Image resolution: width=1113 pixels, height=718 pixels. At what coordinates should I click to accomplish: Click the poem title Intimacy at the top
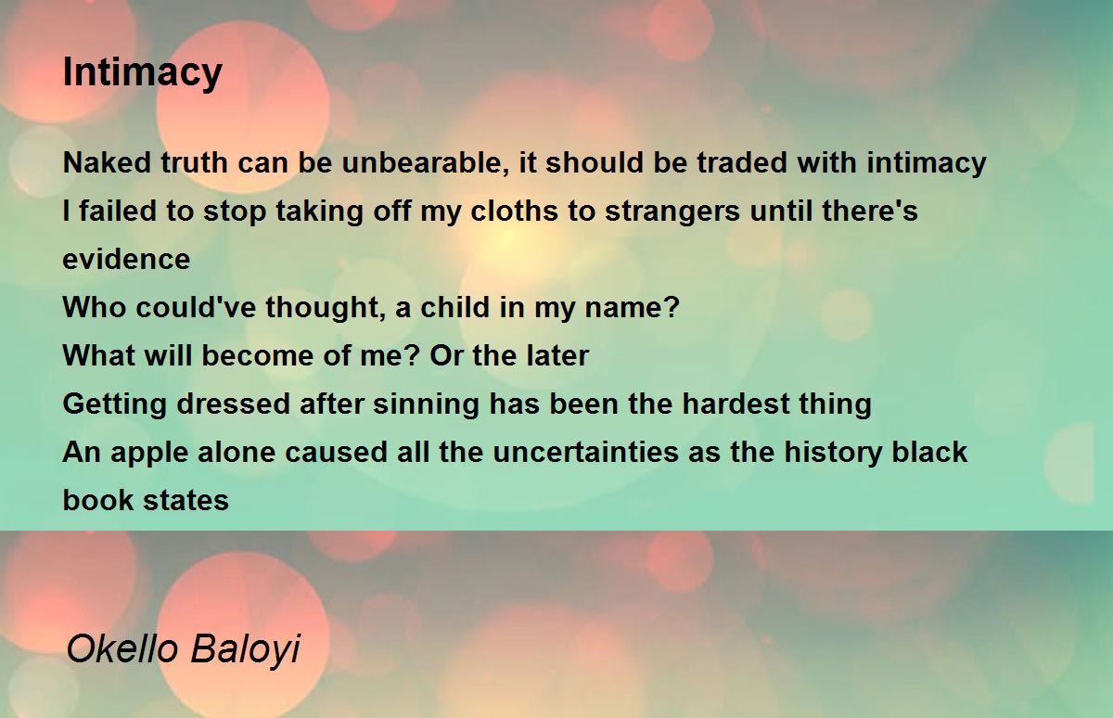(143, 73)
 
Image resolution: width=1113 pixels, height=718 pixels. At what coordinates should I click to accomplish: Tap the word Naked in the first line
(107, 162)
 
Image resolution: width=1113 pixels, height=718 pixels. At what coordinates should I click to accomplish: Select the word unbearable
(426, 162)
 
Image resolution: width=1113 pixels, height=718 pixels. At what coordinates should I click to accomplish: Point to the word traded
(742, 162)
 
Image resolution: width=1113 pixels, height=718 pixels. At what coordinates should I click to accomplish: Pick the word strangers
(672, 212)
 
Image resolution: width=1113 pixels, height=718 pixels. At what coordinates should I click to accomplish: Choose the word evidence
(127, 259)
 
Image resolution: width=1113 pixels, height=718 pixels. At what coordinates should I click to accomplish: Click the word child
(455, 307)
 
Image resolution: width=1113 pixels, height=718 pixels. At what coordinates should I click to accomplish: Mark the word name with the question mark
(633, 307)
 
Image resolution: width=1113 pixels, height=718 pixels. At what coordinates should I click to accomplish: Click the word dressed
(234, 404)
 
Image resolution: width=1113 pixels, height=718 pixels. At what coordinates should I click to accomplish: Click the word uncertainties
(585, 452)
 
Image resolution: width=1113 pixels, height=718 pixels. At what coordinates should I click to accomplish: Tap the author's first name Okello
(122, 648)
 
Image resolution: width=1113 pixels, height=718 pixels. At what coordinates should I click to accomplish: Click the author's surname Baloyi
(246, 650)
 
